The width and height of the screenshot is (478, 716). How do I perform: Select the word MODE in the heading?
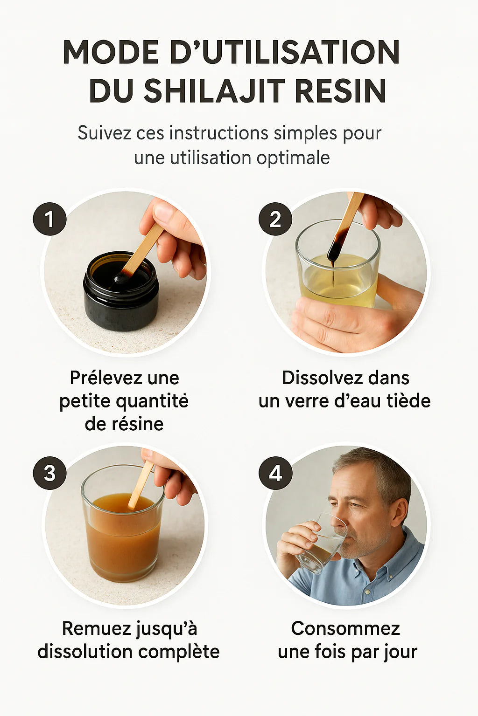click(x=111, y=52)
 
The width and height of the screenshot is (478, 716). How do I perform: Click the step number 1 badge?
click(x=49, y=219)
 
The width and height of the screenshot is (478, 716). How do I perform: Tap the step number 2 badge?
click(x=275, y=219)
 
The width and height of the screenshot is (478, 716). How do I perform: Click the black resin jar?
click(x=121, y=291)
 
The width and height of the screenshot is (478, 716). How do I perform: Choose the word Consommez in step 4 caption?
click(x=345, y=629)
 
